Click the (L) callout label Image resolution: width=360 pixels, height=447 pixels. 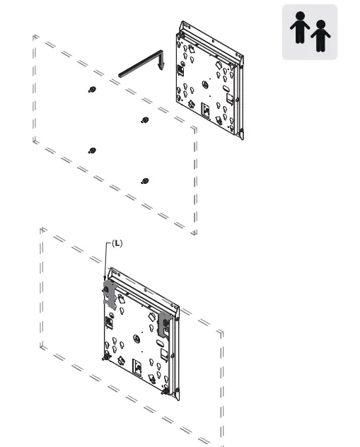click(117, 243)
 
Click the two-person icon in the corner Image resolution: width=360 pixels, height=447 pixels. click(310, 33)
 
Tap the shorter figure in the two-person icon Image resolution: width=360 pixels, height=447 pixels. click(321, 36)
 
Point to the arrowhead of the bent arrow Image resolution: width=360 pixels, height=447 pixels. click(162, 66)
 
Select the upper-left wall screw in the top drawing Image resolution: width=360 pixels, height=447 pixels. click(92, 89)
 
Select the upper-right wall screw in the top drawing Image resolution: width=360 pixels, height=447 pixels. click(145, 120)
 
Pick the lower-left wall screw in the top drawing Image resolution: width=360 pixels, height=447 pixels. click(92, 150)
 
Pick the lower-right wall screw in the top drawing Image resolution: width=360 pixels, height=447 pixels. click(145, 180)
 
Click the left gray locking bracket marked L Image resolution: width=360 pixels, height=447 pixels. click(109, 293)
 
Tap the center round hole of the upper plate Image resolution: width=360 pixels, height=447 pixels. click(204, 84)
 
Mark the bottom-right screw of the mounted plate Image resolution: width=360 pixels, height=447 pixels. click(164, 391)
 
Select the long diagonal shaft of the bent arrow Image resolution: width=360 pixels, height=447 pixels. click(139, 62)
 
